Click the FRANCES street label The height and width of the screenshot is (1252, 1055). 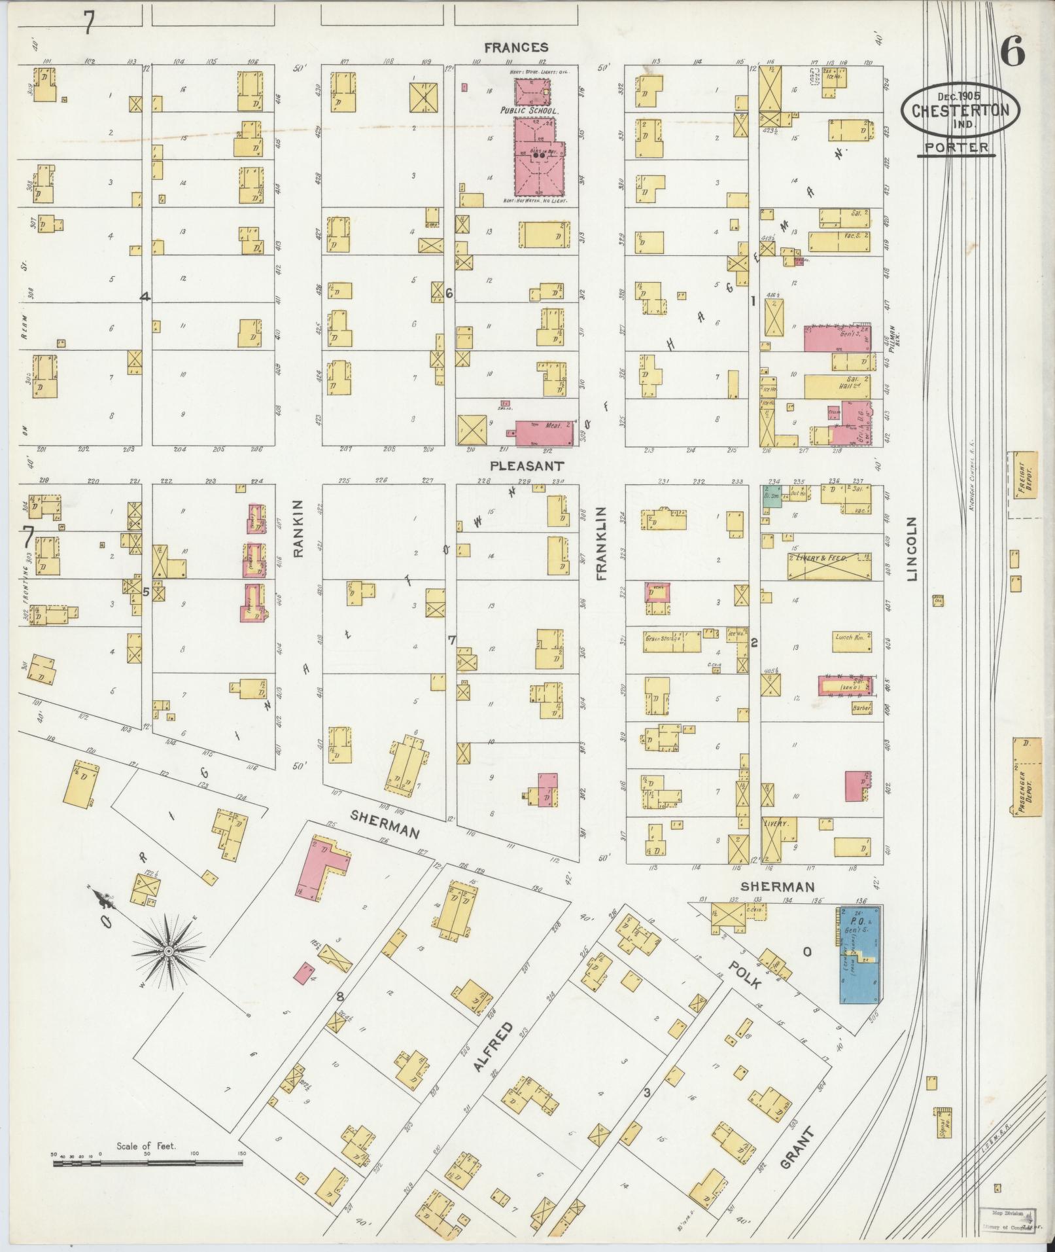pos(516,47)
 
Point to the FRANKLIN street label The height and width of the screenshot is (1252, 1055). pos(602,545)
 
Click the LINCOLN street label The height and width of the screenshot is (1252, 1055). pos(913,548)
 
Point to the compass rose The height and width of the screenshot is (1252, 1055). pos(169,950)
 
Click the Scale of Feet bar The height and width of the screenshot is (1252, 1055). pos(148,1163)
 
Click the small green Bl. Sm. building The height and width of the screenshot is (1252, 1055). pos(772,494)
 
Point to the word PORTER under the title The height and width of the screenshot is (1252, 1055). pos(956,147)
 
